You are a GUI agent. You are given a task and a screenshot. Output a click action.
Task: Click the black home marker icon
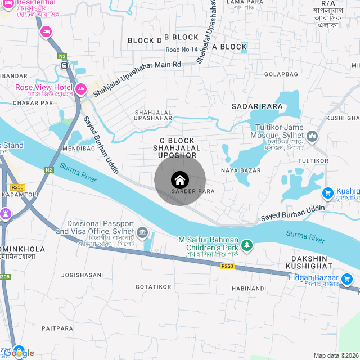pos(180,180)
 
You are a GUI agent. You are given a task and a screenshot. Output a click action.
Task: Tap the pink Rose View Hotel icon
pos(80,88)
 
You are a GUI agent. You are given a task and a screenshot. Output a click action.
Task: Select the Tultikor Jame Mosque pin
pos(312,136)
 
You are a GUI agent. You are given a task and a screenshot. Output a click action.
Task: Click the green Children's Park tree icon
pos(246,245)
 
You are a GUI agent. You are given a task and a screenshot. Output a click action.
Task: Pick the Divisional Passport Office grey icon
pos(142,232)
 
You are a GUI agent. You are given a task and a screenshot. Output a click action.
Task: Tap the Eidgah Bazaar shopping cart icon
pos(347,278)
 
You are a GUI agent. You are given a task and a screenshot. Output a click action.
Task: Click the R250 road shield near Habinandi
pos(227,266)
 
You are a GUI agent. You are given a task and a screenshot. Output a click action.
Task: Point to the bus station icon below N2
pos(65,65)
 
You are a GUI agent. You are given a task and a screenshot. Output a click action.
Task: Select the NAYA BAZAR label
pos(241,170)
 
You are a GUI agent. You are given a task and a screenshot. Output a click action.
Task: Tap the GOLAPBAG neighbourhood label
pos(281,74)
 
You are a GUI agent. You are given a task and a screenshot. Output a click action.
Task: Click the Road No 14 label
pos(181,50)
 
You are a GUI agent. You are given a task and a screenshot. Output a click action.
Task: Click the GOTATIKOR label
pos(153,287)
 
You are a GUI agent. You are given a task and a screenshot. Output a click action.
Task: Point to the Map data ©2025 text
pos(336,355)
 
